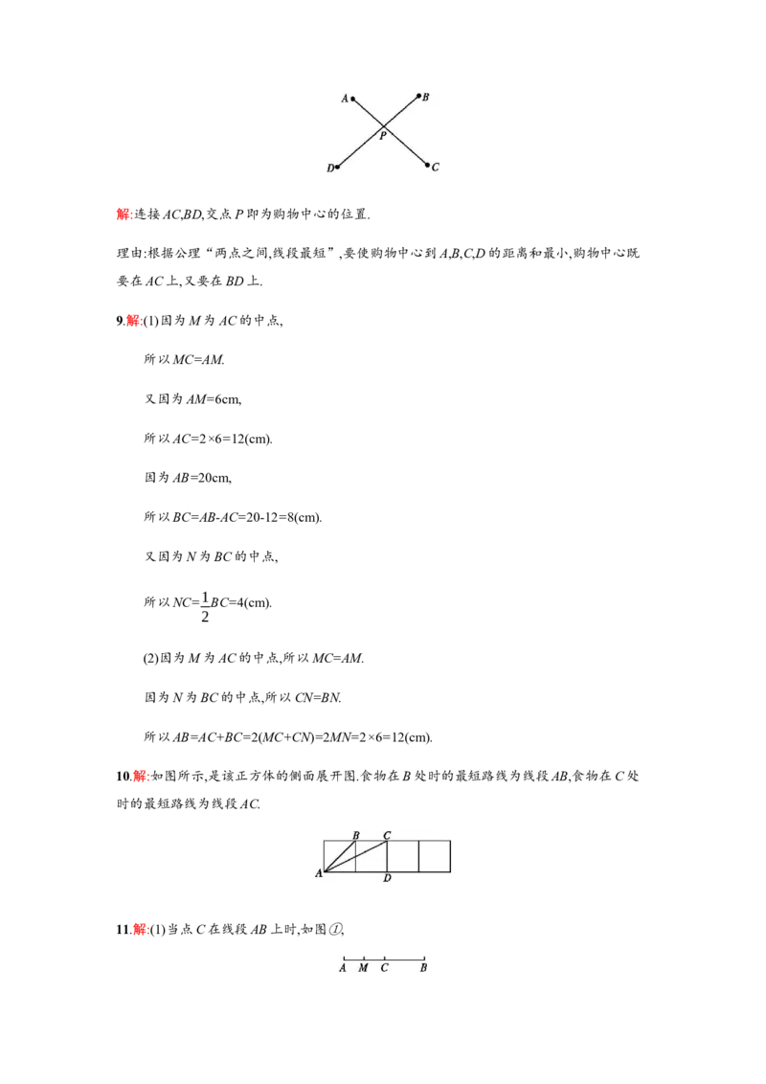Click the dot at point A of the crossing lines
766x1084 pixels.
352,99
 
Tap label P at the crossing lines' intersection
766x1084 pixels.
383,136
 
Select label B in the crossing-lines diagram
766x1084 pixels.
425,98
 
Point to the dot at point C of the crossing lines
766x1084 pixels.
428,166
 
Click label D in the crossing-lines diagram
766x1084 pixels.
329,168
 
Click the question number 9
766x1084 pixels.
119,321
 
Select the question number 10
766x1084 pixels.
123,777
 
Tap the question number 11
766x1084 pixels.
123,930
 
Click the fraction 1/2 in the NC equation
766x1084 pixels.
205,607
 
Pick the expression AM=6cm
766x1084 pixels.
214,399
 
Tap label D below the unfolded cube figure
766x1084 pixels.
387,878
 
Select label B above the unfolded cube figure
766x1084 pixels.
356,835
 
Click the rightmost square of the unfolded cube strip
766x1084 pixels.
435,856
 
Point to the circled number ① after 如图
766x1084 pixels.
334,930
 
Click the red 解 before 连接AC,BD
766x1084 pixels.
124,215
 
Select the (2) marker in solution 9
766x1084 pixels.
150,659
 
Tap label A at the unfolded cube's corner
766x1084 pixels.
319,874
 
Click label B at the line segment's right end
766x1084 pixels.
424,968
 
